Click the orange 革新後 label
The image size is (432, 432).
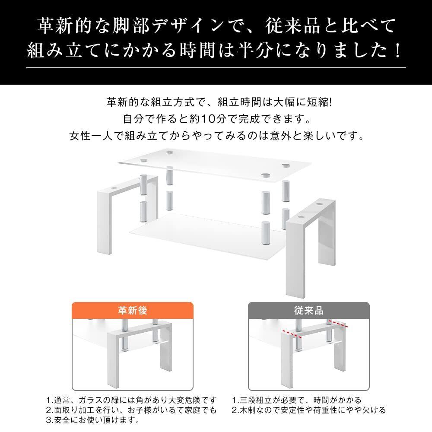pos(133,311)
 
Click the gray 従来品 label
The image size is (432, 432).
pos(308,311)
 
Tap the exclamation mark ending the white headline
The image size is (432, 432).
pos(397,50)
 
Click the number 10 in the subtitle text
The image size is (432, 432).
pos(208,119)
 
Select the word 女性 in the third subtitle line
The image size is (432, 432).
pos(80,136)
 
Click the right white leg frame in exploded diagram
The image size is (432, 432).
pos(311,248)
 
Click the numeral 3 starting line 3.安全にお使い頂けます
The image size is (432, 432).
pos(48,420)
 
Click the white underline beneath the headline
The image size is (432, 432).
pos(216,68)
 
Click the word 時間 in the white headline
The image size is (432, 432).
pos(197,50)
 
